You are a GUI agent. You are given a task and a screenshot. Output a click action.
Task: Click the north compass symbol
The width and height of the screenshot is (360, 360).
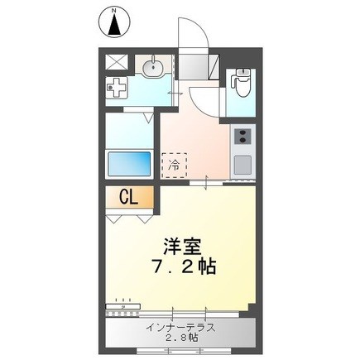[114, 22]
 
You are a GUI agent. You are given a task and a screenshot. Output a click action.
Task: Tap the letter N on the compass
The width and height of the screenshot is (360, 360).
[113, 11]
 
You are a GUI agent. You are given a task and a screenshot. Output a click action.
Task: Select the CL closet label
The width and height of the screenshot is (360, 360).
[128, 198]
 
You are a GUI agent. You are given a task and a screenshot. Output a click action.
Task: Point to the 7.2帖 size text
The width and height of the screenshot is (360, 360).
[184, 266]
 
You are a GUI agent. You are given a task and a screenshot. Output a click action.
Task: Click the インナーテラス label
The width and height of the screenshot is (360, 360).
[180, 328]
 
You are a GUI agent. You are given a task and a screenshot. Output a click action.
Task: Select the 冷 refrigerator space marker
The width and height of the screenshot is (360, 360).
[175, 166]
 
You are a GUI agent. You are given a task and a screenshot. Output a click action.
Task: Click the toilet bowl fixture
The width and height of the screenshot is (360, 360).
[241, 82]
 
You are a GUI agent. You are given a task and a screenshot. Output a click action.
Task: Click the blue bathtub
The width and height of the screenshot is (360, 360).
[129, 164]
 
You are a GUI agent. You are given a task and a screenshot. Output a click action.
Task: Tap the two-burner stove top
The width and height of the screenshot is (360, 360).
[242, 137]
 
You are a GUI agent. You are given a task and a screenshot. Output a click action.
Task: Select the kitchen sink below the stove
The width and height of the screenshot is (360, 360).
[242, 165]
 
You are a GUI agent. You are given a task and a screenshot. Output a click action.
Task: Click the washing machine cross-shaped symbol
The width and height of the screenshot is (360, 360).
[117, 87]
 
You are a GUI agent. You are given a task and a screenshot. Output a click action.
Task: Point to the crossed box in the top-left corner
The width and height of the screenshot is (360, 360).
[117, 62]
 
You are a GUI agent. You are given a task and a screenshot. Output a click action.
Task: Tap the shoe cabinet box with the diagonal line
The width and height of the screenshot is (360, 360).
[214, 67]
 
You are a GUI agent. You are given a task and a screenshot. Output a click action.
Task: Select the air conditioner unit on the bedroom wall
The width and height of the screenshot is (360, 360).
[123, 306]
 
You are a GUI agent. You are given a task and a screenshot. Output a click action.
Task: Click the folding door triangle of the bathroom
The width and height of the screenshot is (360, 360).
[149, 118]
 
